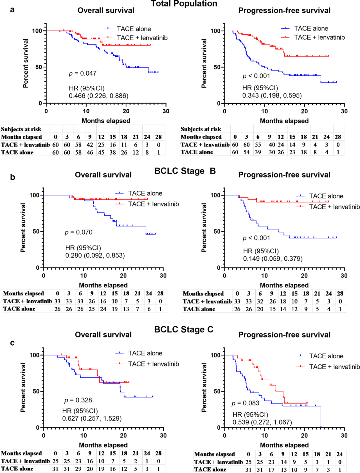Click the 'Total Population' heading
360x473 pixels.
click(184, 4)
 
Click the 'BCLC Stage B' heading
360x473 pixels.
click(185, 171)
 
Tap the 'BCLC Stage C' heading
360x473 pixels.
click(184, 329)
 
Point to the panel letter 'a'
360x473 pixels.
click(12, 10)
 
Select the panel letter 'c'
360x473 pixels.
click(12, 343)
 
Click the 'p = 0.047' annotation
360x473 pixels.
click(83, 73)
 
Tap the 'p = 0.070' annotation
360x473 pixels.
click(79, 232)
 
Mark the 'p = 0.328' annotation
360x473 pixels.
click(78, 400)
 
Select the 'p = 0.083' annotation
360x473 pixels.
click(245, 403)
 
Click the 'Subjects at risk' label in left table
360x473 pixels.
click(21, 129)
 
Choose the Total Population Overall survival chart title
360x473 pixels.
click(106, 10)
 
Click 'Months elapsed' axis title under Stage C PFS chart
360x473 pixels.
click(284, 445)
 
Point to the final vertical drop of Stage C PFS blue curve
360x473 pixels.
click(321, 417)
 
